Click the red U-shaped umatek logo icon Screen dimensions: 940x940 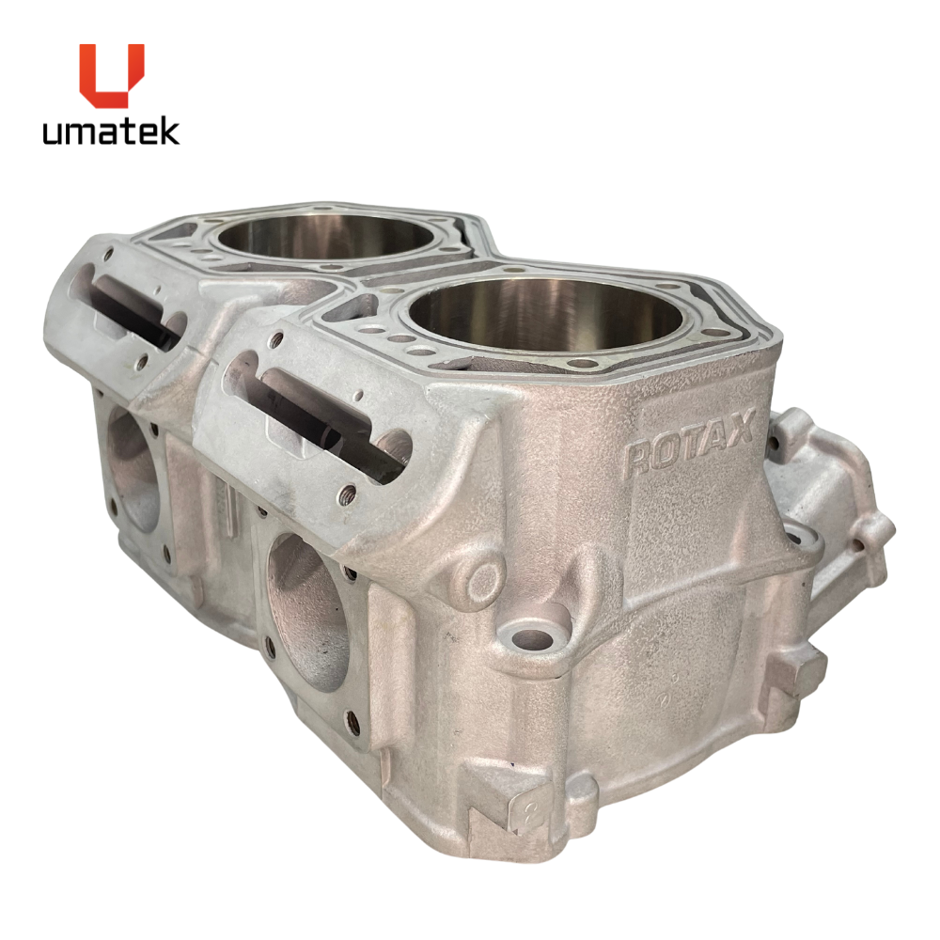112,75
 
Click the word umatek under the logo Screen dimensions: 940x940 111,132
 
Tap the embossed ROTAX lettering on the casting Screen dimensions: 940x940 688,443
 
